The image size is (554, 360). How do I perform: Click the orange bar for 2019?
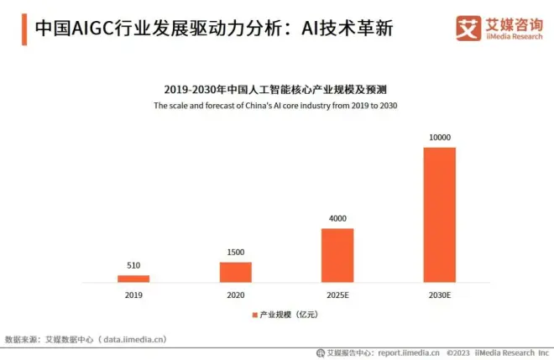click(133, 278)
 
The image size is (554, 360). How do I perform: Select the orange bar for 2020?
click(236, 271)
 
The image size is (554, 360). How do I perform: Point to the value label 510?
click(133, 266)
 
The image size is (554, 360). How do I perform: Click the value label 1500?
click(236, 253)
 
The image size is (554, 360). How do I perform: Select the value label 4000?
click(337, 219)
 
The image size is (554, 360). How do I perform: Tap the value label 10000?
click(439, 138)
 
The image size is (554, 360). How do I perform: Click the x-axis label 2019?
click(133, 295)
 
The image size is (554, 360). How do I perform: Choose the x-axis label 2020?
click(236, 295)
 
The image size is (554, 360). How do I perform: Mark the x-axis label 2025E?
click(337, 295)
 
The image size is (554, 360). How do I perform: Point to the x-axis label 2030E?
click(439, 295)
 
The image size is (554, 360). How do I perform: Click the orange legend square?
click(253, 314)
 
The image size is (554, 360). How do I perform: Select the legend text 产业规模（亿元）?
click(289, 314)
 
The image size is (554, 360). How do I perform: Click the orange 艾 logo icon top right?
click(467, 28)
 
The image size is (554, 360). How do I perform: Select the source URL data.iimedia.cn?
click(134, 338)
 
